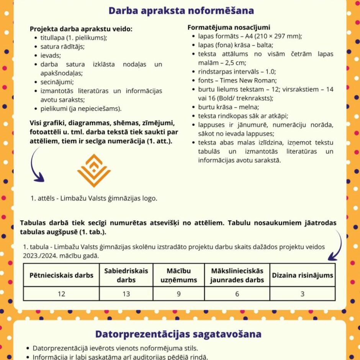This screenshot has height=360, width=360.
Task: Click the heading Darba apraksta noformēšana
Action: click(181, 10)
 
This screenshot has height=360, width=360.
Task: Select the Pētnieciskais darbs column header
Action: click(61, 275)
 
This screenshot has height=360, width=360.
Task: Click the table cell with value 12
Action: click(61, 294)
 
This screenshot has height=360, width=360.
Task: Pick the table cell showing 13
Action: click(126, 294)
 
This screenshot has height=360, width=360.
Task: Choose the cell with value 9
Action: click(178, 294)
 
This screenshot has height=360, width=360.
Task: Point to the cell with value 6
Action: click(237, 294)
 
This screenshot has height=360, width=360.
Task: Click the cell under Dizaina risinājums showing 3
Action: click(302, 294)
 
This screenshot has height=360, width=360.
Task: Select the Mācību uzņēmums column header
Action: click(178, 275)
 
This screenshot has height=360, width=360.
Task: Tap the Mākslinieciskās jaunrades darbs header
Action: click(237, 275)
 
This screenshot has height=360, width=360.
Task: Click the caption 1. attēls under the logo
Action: click(94, 198)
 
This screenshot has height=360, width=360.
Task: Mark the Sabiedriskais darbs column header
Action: click(126, 275)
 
